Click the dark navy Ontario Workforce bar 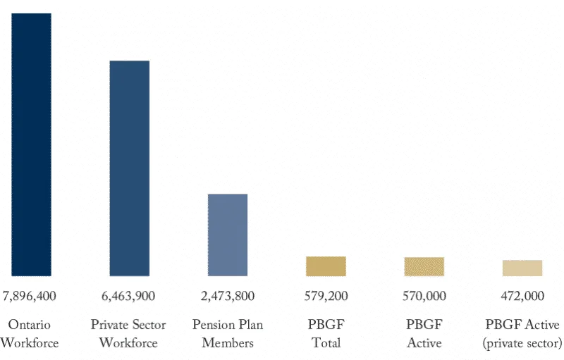pyautogui.click(x=30, y=144)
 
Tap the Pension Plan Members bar pyautogui.click(x=227, y=235)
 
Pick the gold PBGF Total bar pyautogui.click(x=326, y=266)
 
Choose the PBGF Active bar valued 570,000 pyautogui.click(x=424, y=266)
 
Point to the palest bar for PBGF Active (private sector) pyautogui.click(x=522, y=268)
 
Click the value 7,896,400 pyautogui.click(x=30, y=295)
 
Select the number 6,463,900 pyautogui.click(x=129, y=295)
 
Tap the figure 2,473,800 pyautogui.click(x=227, y=295)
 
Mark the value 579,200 pyautogui.click(x=326, y=295)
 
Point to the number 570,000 pyautogui.click(x=424, y=295)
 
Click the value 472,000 pyautogui.click(x=522, y=295)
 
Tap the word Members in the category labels pyautogui.click(x=227, y=343)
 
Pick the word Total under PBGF pyautogui.click(x=326, y=343)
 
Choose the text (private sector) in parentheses pyautogui.click(x=522, y=343)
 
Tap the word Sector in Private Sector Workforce pyautogui.click(x=148, y=325)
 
